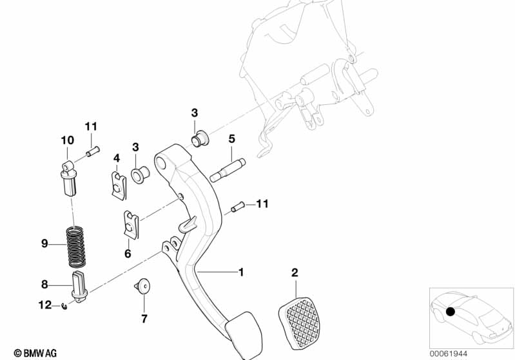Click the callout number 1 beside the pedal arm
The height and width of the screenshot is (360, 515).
tap(242, 272)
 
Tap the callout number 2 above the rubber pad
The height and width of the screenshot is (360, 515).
tap(295, 273)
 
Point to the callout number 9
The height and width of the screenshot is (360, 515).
tap(44, 243)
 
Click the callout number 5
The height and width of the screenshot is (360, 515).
tap(231, 138)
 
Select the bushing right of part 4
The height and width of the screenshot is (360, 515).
tap(139, 174)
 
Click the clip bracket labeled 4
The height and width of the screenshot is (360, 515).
tap(117, 183)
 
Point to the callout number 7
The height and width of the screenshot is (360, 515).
tap(144, 319)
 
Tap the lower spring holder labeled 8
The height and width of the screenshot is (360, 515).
tap(77, 289)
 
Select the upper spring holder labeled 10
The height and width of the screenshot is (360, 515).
tap(68, 175)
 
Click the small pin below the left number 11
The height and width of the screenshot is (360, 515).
tap(91, 153)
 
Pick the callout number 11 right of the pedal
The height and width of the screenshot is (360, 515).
tap(261, 205)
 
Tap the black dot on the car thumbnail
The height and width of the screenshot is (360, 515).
tap(451, 313)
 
